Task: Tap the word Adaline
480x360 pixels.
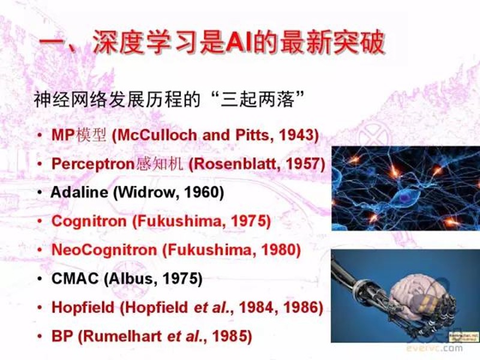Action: point(79,192)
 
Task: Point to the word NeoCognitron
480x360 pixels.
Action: point(104,250)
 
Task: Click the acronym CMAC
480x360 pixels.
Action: point(75,278)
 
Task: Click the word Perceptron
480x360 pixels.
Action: point(94,164)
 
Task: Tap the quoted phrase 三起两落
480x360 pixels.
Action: point(257,100)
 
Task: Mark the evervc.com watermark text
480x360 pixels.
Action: point(434,348)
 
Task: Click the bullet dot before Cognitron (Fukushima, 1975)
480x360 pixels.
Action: point(40,221)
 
